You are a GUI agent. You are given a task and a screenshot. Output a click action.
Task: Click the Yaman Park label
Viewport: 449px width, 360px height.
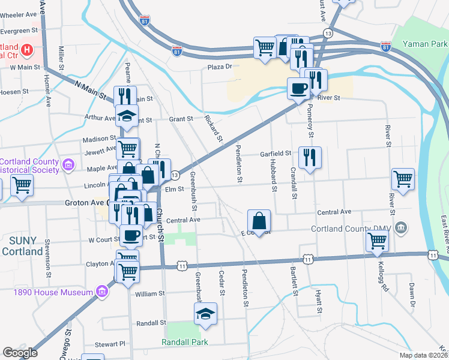[426, 44]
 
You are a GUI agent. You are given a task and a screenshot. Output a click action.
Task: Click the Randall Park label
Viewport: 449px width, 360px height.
[185, 342]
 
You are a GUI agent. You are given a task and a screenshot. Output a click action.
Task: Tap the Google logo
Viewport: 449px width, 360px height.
[19, 353]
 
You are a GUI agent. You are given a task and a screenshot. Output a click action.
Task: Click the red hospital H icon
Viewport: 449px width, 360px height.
[27, 49]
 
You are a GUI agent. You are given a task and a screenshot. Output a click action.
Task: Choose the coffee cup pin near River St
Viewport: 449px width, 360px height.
[298, 88]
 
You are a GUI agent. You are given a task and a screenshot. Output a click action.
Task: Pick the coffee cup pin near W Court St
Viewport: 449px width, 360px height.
[131, 235]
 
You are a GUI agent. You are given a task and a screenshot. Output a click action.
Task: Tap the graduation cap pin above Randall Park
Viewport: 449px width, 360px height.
[205, 314]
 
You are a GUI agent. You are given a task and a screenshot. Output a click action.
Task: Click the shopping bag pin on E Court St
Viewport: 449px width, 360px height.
[259, 220]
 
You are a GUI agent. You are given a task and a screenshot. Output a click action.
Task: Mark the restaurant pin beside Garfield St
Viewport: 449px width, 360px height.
[310, 158]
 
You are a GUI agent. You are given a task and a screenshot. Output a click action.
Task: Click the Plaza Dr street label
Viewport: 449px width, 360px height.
[220, 67]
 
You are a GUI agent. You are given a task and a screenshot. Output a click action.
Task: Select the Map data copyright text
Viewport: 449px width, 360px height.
[424, 355]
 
